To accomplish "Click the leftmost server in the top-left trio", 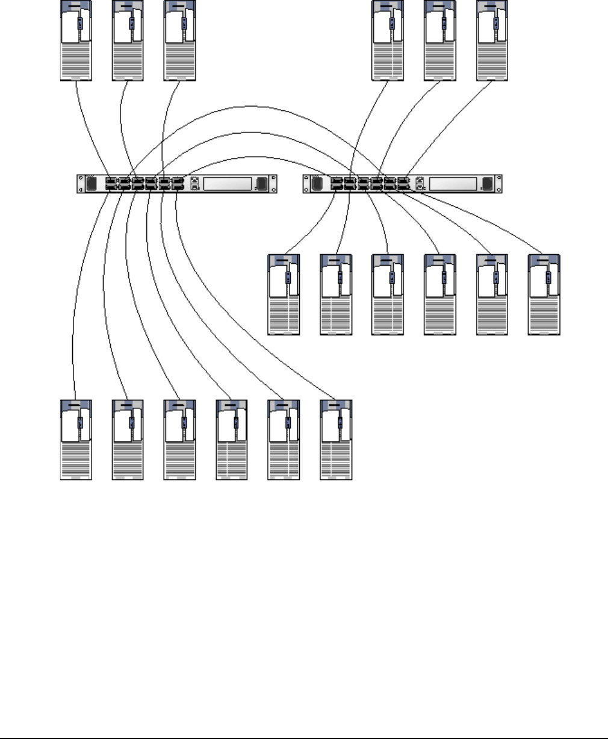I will [76, 40].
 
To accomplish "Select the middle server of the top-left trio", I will [128, 40].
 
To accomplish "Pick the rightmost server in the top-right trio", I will [492, 40].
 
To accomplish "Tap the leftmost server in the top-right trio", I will [388, 40].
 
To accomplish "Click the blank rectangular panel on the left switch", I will [226, 184].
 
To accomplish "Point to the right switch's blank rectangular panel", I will [452, 184].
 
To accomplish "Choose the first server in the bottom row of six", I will [76, 440].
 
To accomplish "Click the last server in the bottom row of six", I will [337, 440].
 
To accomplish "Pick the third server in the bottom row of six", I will [180, 440].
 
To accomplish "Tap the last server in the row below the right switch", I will [544, 295].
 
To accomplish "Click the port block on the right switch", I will [368, 184].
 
